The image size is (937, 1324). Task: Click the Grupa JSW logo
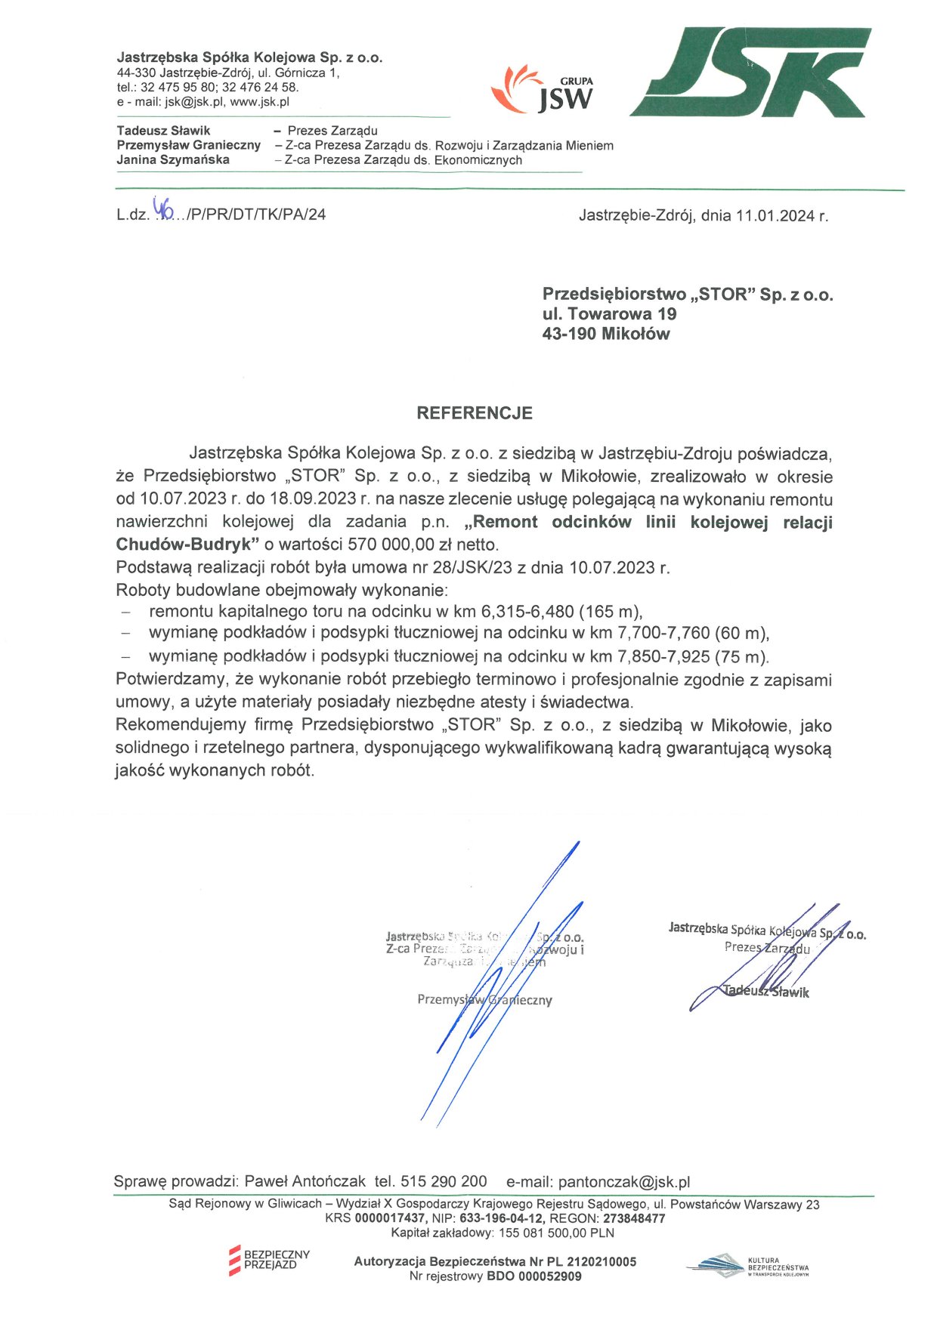[x=543, y=89]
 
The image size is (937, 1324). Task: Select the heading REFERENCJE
[x=475, y=413]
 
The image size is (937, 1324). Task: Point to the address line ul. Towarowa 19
[x=609, y=314]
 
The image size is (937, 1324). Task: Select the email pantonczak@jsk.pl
[x=623, y=1182]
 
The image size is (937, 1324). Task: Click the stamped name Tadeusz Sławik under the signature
[x=765, y=992]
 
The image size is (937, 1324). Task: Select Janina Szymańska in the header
[x=173, y=160]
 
